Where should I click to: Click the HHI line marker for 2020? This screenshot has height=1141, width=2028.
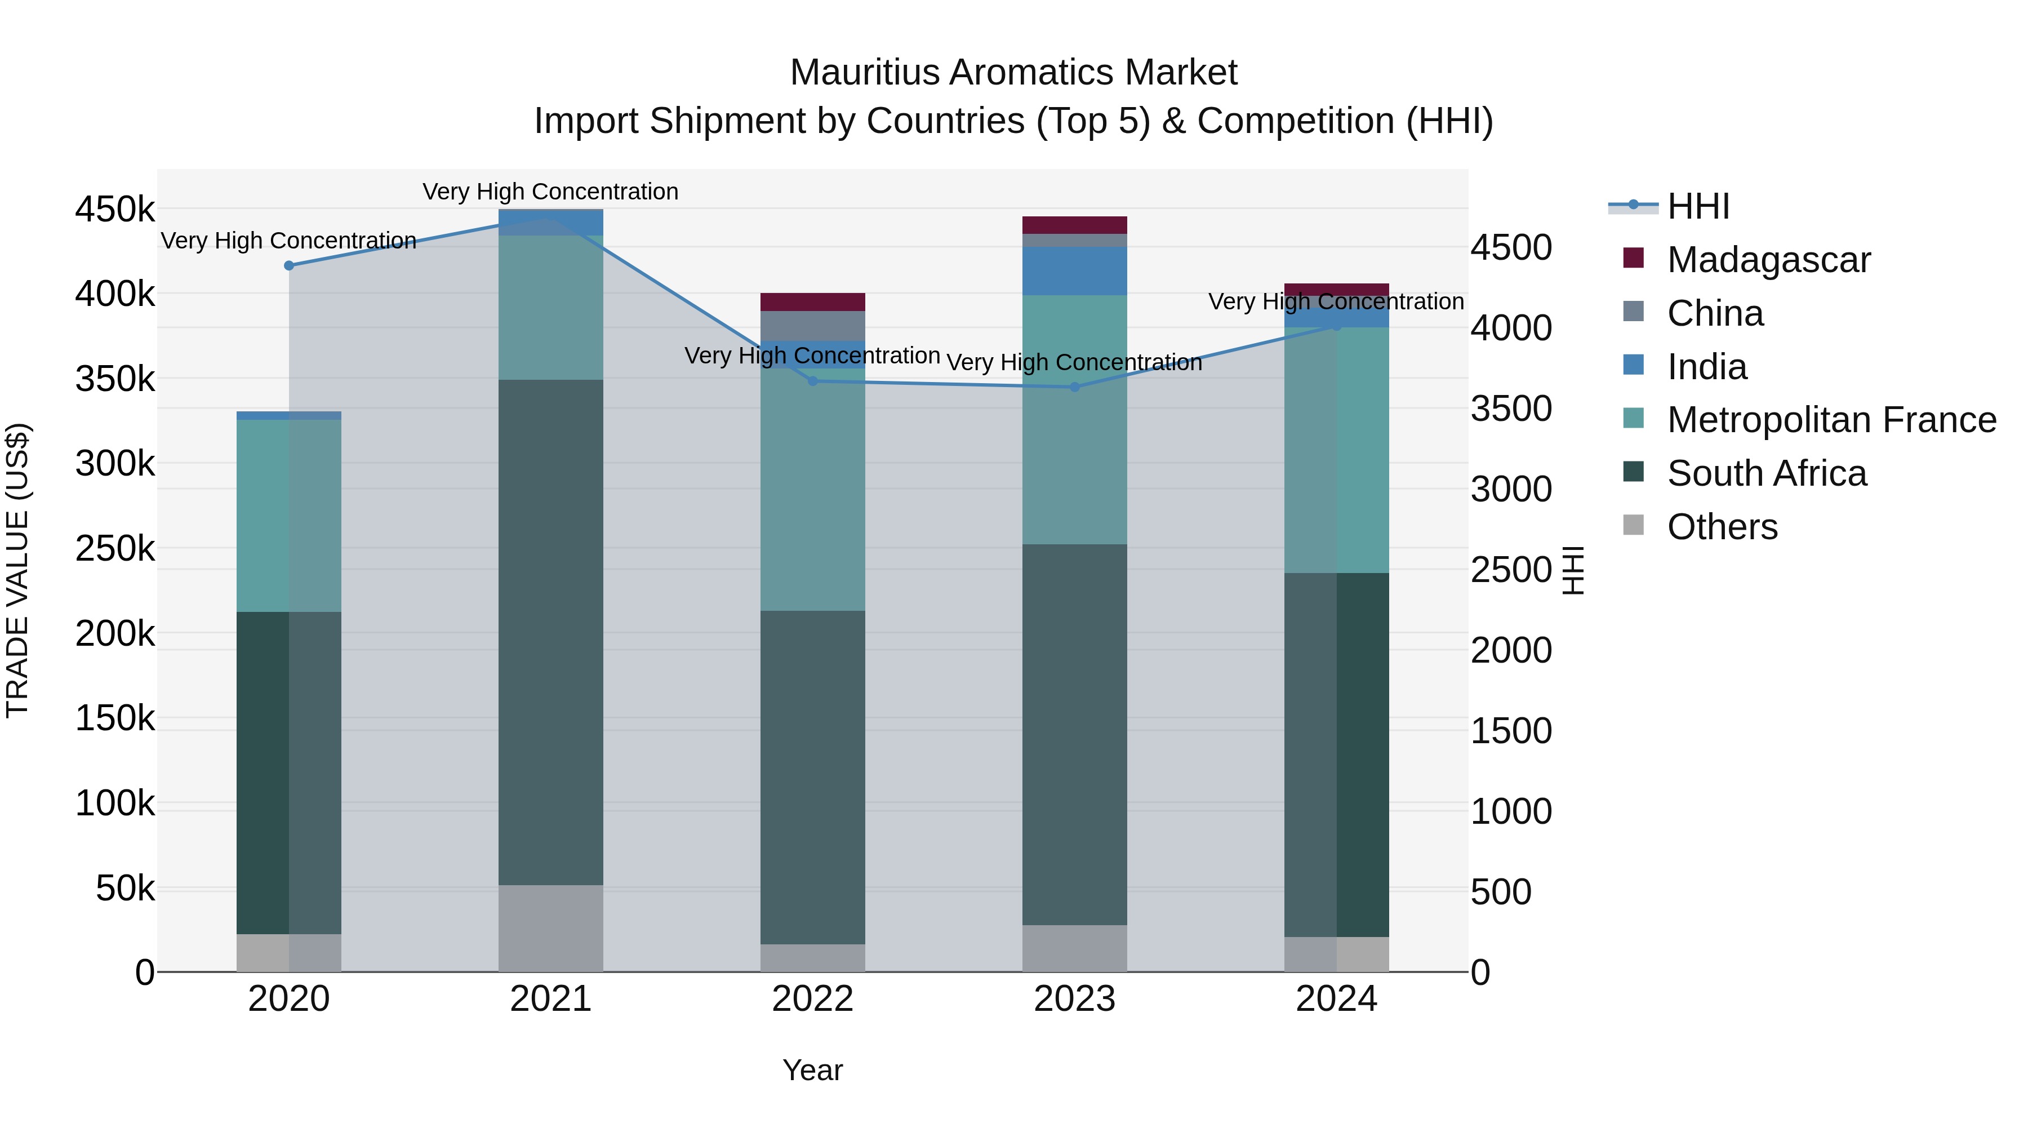tap(289, 265)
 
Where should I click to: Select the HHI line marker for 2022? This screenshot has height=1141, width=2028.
tap(813, 381)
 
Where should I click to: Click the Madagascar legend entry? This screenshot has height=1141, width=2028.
tap(1767, 259)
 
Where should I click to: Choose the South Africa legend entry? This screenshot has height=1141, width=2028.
tap(1766, 473)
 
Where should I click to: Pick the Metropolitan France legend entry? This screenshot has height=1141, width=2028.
tap(1830, 420)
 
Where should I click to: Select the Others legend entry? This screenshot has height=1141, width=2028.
tap(1722, 527)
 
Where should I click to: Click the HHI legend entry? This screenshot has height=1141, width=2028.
tap(1697, 206)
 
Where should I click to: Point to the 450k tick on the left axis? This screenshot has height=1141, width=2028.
tap(115, 210)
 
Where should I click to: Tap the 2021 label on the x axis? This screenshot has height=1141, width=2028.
tap(550, 999)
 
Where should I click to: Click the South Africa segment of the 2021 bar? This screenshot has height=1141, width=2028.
tap(550, 630)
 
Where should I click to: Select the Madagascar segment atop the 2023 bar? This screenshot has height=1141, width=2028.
tap(1075, 225)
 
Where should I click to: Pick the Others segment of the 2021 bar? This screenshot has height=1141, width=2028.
tap(550, 927)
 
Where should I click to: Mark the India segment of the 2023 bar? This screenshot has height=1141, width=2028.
tap(1075, 271)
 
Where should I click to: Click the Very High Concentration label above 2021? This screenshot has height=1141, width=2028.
tap(550, 192)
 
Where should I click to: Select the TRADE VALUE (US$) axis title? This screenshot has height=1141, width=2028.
tap(17, 570)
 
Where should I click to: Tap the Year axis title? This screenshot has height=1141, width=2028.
tap(812, 1070)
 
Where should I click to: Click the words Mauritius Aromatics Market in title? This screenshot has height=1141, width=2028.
tap(1013, 73)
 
